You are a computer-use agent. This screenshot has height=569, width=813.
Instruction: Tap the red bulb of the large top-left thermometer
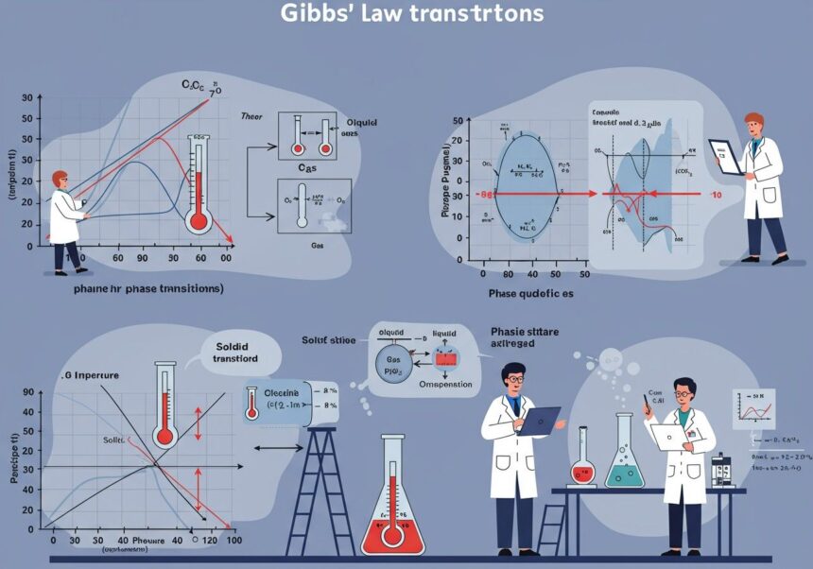tap(199, 221)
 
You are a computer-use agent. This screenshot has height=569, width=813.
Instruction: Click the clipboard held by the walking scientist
tap(726, 156)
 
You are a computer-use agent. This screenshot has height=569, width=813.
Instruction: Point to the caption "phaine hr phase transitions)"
tap(148, 287)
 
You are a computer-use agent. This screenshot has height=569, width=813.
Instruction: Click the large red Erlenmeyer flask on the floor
tap(393, 510)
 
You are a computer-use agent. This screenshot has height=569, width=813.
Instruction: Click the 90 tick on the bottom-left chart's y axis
tap(27, 391)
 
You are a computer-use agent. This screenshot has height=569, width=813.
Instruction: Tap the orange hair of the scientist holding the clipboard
tap(753, 122)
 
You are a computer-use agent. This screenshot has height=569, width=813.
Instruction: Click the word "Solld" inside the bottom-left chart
tap(113, 441)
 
